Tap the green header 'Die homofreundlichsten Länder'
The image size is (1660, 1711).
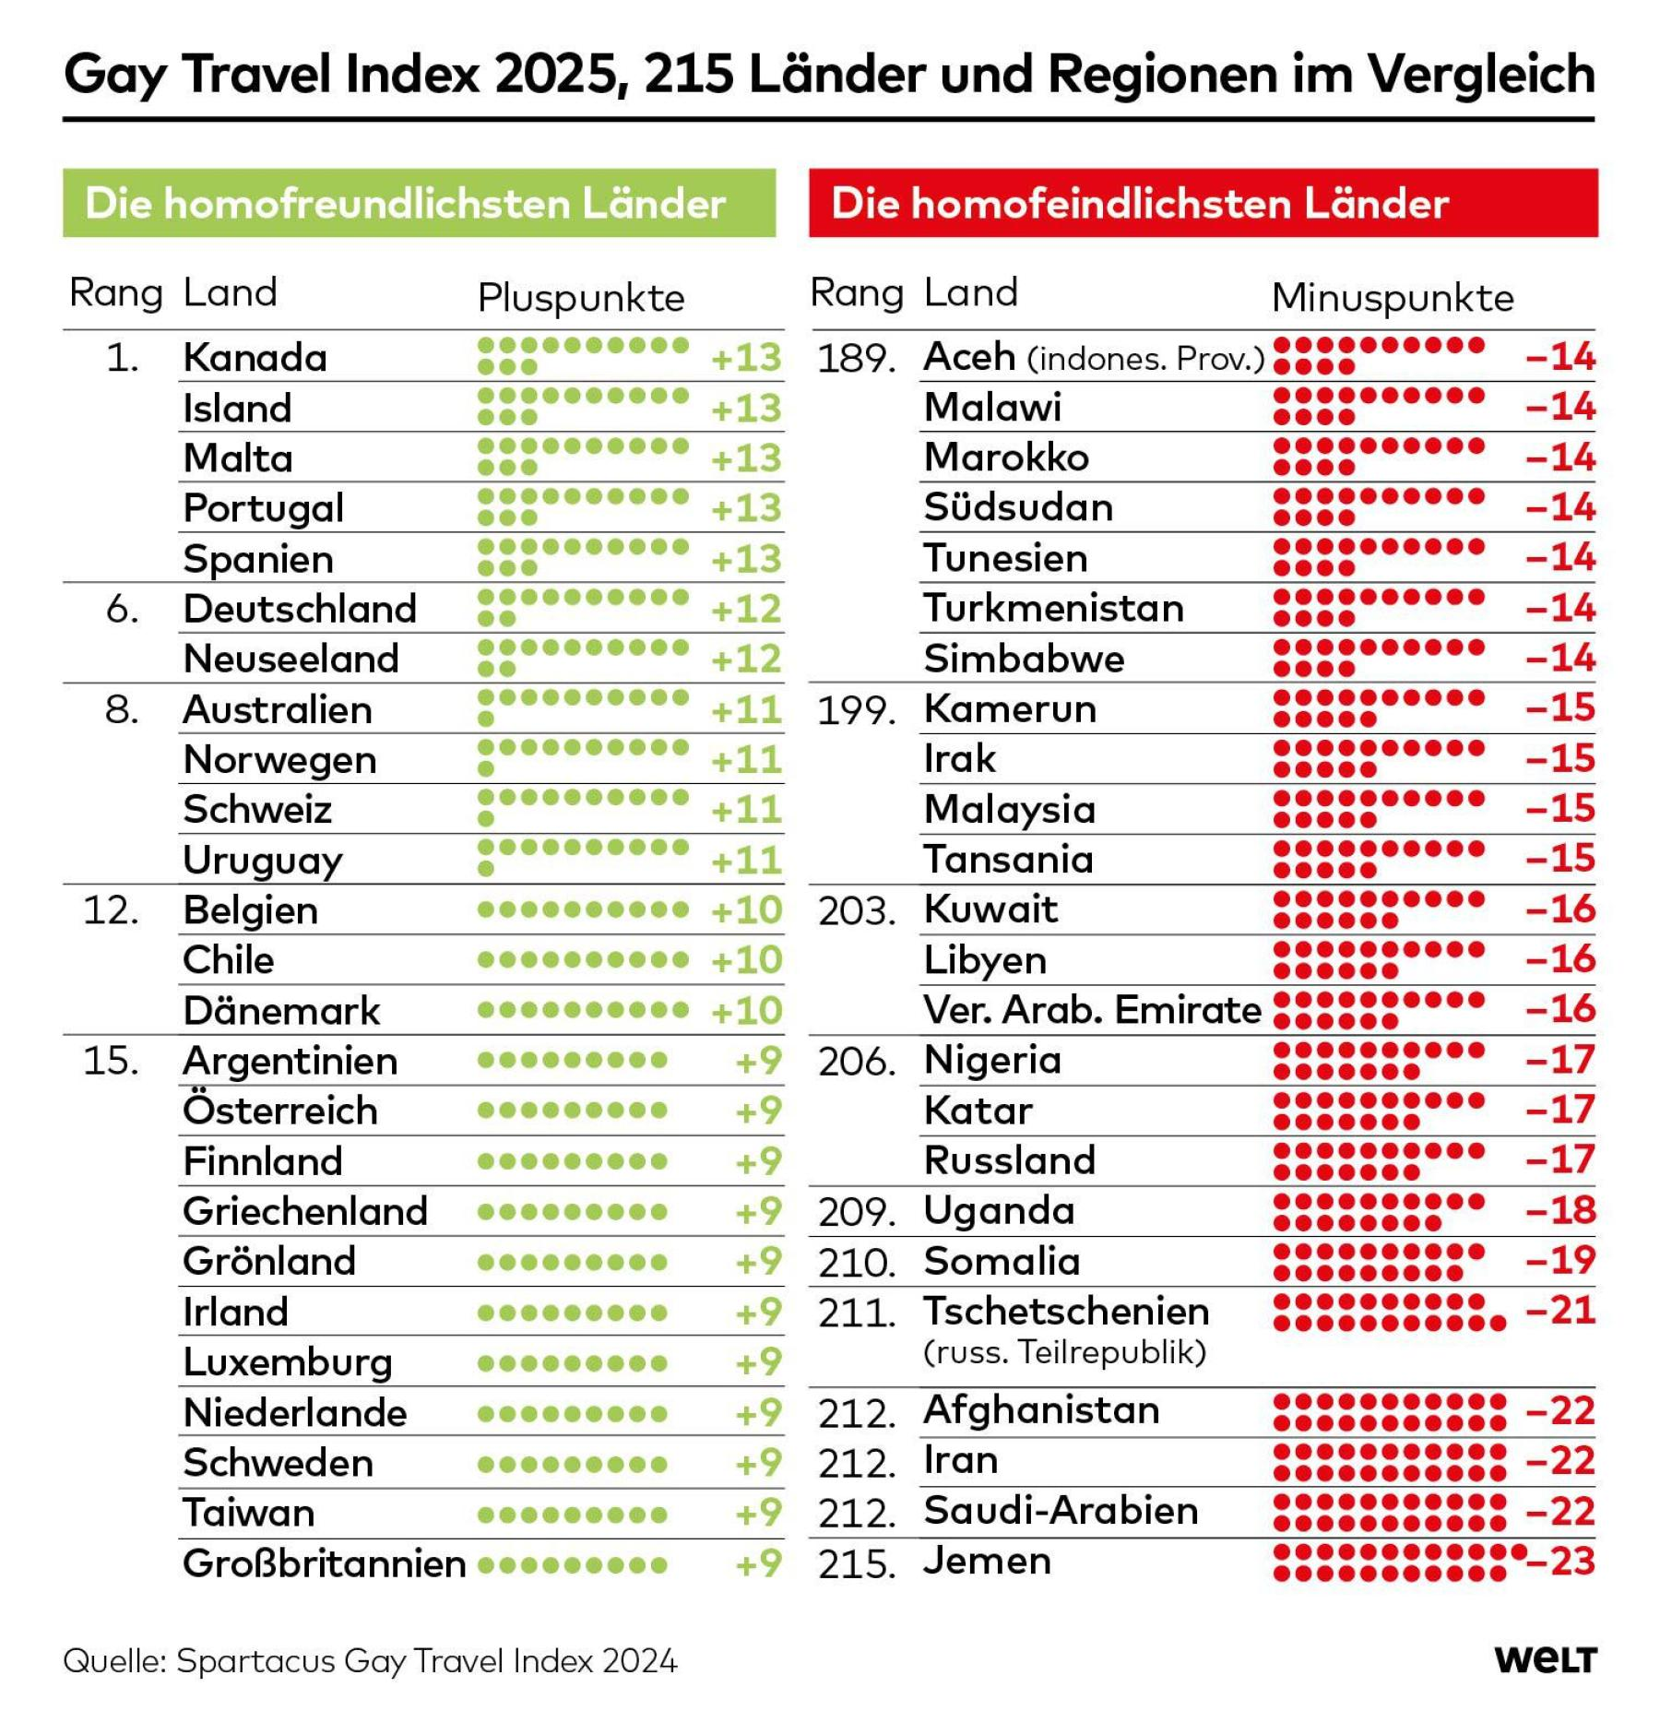[419, 203]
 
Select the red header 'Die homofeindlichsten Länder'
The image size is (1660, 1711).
[1203, 203]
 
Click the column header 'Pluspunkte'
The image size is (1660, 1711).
[581, 298]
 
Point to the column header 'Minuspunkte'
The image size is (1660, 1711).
[1393, 298]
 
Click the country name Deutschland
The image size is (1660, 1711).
[300, 609]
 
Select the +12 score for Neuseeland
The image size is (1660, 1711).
[746, 659]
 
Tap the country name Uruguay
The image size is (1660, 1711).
[263, 861]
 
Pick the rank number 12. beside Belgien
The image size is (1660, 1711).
[112, 910]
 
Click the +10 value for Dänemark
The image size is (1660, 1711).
[746, 1011]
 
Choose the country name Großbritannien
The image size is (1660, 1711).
[325, 1563]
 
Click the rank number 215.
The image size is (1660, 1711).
[857, 1564]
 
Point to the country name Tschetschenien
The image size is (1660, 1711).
[1066, 1311]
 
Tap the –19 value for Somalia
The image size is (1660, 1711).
[1560, 1259]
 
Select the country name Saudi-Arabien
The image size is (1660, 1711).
[1061, 1511]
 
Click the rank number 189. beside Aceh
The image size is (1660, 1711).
[857, 358]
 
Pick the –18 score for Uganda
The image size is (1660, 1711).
[1560, 1209]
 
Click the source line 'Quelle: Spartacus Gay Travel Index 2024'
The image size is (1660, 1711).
[370, 1660]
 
